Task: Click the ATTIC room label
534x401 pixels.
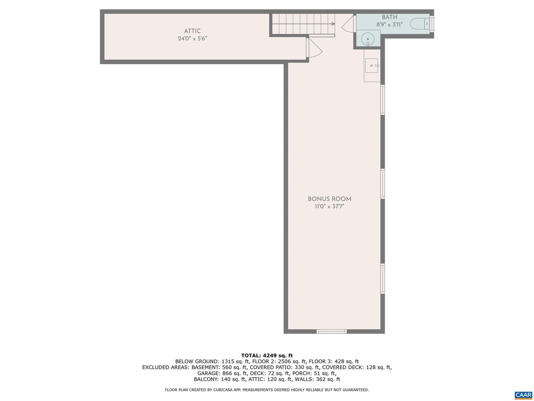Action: [192, 31]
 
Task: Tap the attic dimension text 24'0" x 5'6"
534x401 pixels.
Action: [192, 39]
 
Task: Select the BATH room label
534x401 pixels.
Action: [389, 17]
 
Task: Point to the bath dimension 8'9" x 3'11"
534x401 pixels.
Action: [389, 25]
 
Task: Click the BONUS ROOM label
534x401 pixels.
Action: [329, 199]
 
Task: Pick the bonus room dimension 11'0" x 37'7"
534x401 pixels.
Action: [329, 207]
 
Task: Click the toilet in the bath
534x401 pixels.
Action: [420, 24]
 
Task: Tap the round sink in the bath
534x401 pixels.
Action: [367, 39]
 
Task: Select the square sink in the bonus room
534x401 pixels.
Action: [372, 66]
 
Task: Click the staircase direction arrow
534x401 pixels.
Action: [333, 24]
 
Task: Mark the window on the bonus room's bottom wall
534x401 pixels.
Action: [332, 331]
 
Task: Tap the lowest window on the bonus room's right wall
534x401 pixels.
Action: [383, 278]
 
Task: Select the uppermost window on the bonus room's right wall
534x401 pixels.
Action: [383, 100]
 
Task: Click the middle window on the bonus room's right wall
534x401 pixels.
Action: [383, 184]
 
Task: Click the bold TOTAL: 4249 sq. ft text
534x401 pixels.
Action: [267, 355]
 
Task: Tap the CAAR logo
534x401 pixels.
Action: [523, 395]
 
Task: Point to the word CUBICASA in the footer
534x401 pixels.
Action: [223, 390]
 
